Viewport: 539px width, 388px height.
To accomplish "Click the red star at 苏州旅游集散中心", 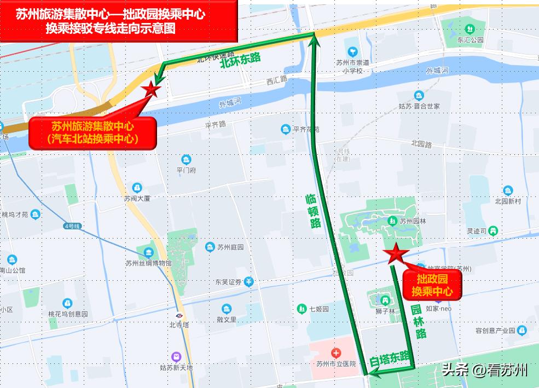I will point(150,90).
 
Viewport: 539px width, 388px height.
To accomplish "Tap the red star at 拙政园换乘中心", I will point(395,253).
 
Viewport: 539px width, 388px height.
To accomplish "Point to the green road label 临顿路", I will point(312,211).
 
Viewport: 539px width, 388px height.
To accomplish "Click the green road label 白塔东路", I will point(390,358).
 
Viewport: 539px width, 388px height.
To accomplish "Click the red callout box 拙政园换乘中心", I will point(432,286).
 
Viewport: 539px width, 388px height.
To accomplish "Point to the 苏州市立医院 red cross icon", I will point(335,354).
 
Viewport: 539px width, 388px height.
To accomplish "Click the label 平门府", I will point(186,170).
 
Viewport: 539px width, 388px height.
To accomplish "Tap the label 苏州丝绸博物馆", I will point(148,263).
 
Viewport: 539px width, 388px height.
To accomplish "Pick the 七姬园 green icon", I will point(301,309).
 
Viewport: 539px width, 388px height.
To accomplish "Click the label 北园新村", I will point(508,201).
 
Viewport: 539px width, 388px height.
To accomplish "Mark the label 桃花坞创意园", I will point(68,314).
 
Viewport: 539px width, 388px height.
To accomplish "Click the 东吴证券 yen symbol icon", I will point(249,282).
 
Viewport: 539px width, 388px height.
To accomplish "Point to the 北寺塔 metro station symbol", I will point(179,316).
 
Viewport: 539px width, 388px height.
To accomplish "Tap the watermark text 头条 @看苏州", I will point(485,370).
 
